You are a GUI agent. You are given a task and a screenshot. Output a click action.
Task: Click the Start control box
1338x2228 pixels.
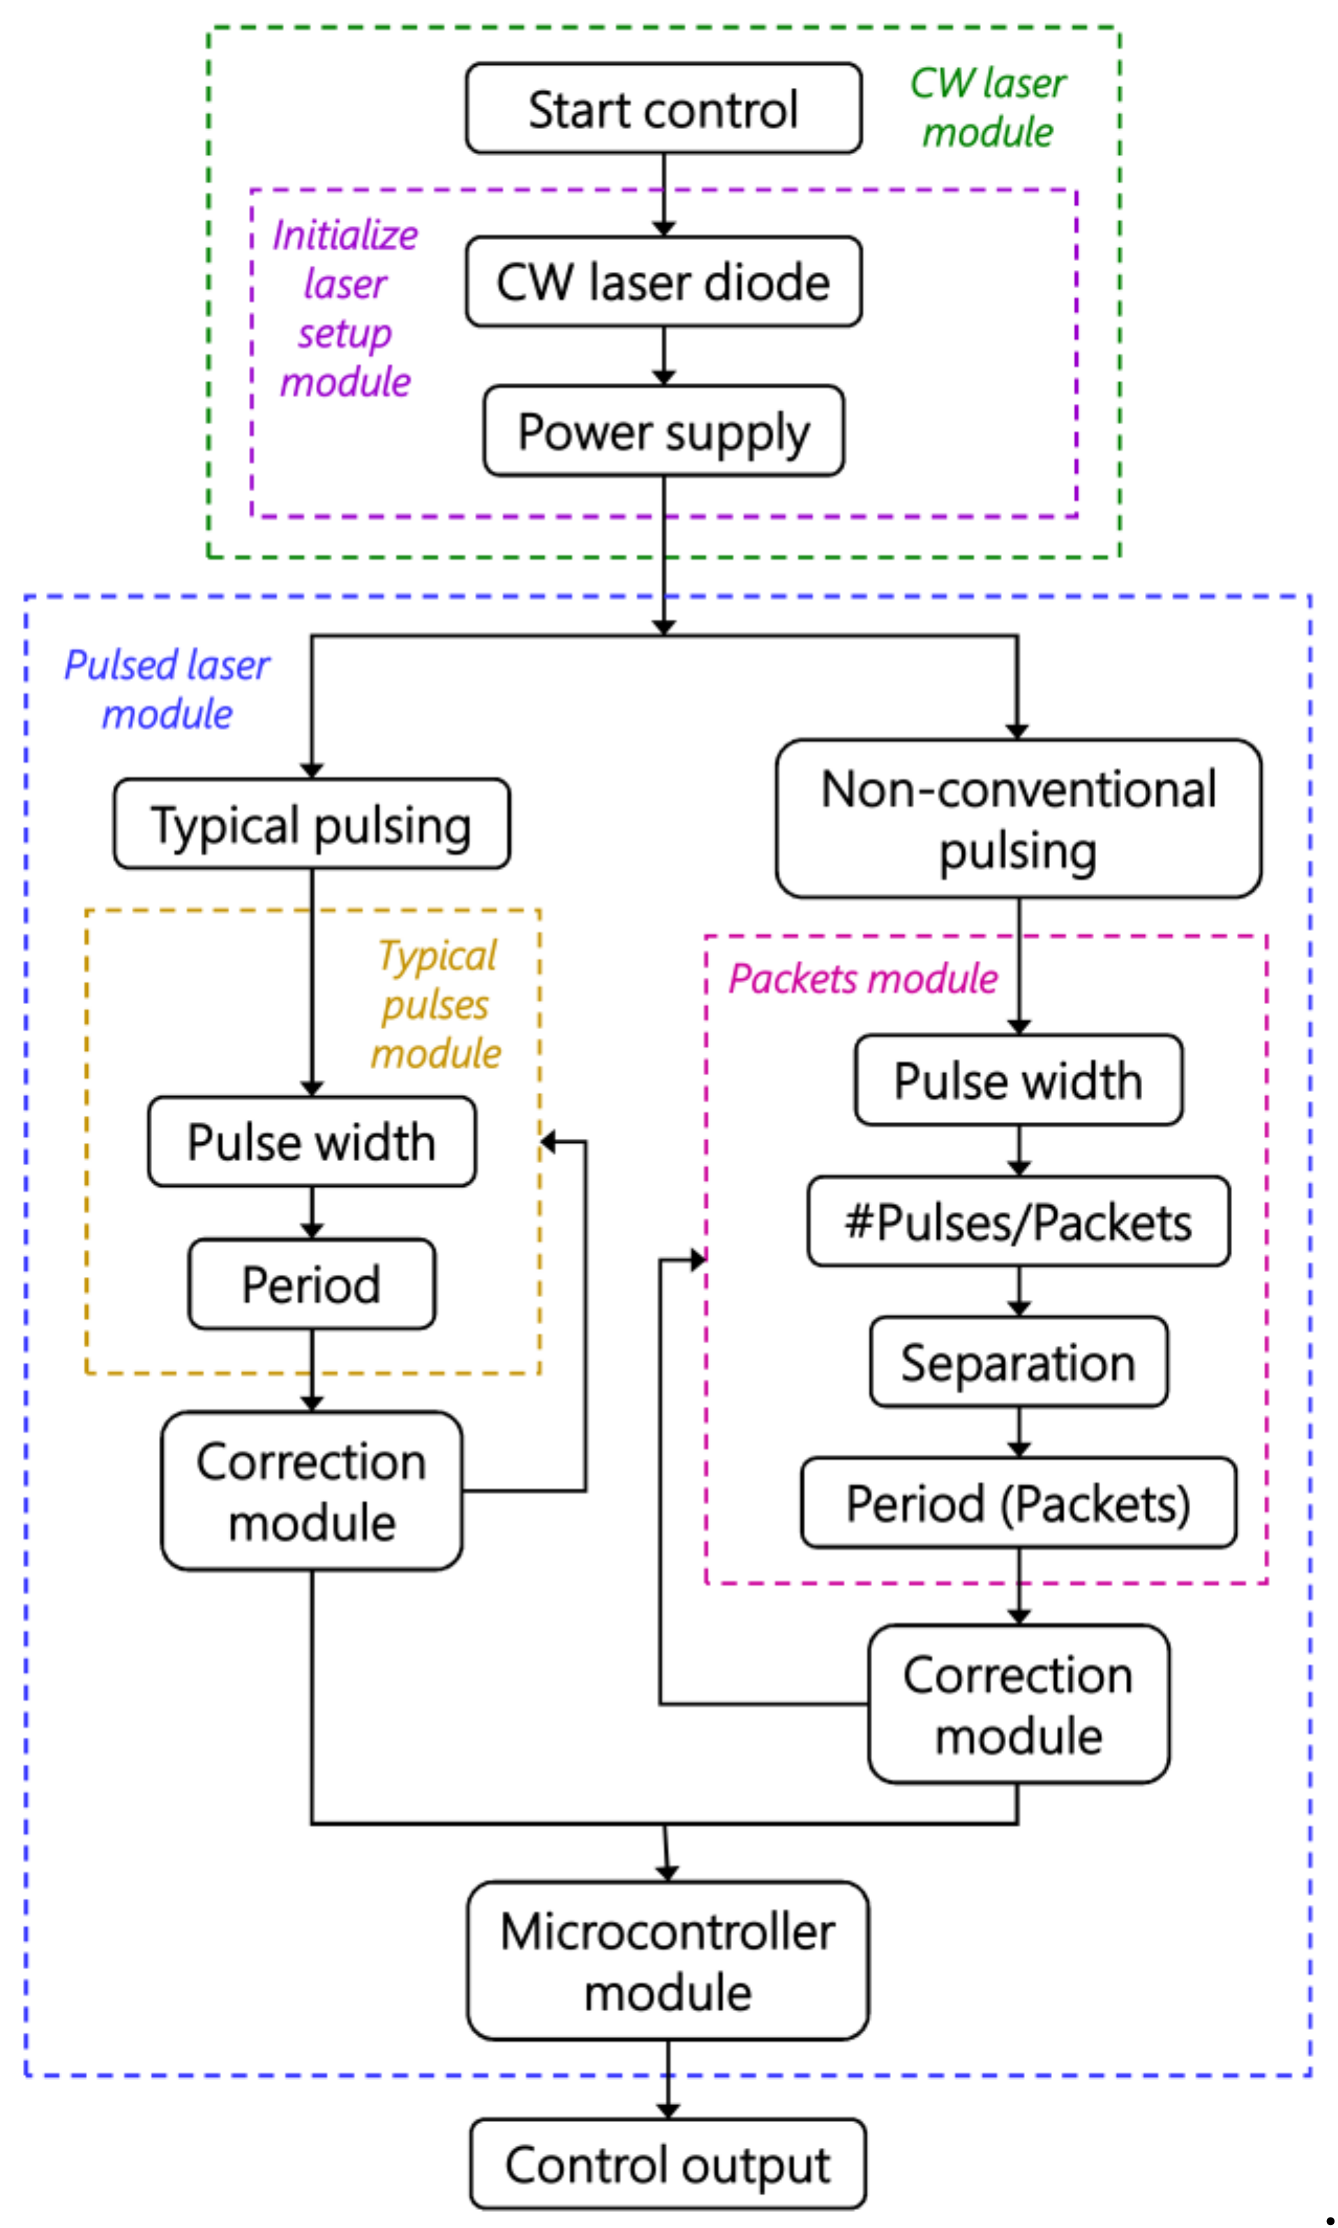[x=664, y=108]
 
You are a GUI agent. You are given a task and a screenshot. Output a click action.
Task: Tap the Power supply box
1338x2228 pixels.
[x=664, y=431]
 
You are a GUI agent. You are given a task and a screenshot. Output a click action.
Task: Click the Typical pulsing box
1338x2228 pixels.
[x=312, y=824]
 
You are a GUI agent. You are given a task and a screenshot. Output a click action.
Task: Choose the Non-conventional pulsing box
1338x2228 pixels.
[x=1019, y=819]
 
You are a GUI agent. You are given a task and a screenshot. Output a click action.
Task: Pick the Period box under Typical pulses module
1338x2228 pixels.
[x=312, y=1284]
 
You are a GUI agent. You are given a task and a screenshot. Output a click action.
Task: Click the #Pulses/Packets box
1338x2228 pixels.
[x=1019, y=1222]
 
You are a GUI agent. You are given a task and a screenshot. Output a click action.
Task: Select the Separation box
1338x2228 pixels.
[x=1019, y=1361]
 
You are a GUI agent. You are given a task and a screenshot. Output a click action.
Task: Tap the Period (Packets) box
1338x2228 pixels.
[x=1019, y=1503]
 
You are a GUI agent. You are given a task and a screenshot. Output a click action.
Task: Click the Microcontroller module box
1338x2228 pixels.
[x=668, y=1961]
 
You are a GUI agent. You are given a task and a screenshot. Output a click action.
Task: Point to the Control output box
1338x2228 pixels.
[x=668, y=2164]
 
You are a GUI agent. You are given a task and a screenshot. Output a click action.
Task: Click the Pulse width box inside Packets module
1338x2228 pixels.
[x=1019, y=1080]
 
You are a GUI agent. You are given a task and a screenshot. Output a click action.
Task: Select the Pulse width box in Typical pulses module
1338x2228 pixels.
[x=312, y=1142]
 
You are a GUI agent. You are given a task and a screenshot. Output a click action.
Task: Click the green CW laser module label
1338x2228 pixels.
[x=988, y=107]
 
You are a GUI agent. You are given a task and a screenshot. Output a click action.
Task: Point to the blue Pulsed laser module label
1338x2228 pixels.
[x=167, y=690]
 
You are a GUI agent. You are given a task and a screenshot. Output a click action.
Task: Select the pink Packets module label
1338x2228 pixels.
[x=864, y=978]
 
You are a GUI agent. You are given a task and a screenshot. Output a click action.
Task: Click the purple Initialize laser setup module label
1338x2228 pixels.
[x=345, y=308]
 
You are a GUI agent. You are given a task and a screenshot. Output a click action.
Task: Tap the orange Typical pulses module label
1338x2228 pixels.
[x=437, y=1004]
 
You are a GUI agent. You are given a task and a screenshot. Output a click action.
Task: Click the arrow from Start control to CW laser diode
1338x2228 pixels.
[x=664, y=195]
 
